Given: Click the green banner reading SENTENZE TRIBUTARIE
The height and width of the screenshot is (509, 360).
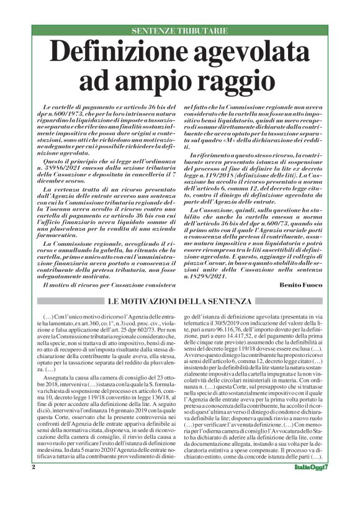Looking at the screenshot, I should pyautogui.click(x=179, y=30).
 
